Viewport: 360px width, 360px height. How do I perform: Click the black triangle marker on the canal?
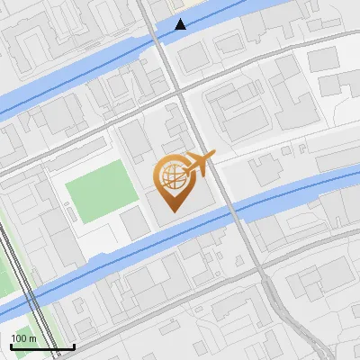point(182,24)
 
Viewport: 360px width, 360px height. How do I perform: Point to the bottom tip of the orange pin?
point(175,211)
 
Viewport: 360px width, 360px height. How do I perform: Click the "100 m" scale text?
point(23,337)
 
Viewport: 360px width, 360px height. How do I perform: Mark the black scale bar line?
point(41,346)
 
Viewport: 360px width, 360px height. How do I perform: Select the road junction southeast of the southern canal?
point(267,281)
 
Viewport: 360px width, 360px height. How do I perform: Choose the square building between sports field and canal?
point(135,224)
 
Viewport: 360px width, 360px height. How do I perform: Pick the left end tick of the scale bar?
point(10,345)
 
